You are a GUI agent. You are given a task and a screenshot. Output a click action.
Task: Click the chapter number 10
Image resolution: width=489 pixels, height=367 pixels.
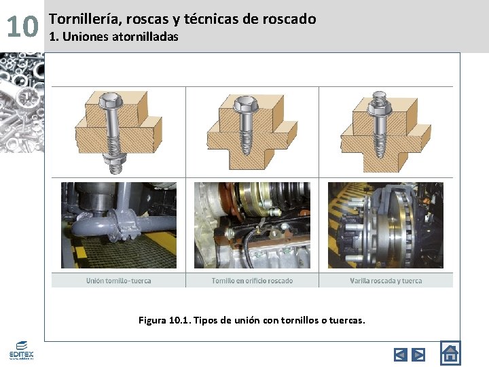pos(22,27)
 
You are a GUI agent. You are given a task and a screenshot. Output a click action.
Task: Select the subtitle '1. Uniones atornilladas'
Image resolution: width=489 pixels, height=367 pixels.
pos(113,37)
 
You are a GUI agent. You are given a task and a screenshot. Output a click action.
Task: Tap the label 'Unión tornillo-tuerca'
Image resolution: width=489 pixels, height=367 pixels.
pos(118,280)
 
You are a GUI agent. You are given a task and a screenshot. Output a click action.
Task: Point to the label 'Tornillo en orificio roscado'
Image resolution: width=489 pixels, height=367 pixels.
pos(252,280)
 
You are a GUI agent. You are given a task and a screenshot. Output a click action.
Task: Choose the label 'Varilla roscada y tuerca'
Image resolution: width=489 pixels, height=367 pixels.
pos(386,280)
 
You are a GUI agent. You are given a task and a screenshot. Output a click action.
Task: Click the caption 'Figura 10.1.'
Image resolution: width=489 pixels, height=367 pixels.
pos(164,319)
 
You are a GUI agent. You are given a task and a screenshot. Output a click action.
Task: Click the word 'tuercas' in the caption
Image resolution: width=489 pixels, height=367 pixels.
pos(346,319)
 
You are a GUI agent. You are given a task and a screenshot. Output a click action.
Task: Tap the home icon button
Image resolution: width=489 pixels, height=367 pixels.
pos(450,353)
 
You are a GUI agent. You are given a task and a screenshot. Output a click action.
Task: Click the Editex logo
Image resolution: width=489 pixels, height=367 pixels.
pos(21,350)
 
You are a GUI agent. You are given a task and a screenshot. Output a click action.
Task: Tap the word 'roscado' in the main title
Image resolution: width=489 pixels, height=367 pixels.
pos(289,19)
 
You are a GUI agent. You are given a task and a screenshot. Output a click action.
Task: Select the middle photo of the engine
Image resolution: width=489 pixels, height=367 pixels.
pos(252,224)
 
